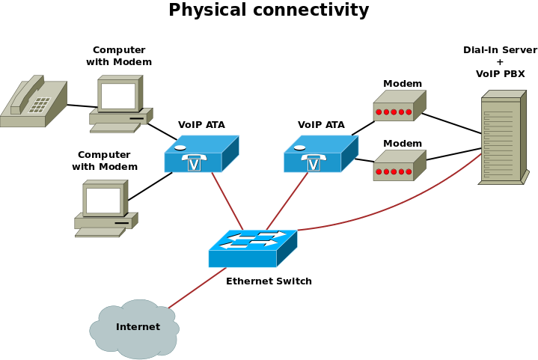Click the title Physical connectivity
[269, 10]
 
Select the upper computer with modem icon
[120, 103]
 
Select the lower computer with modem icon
[105, 208]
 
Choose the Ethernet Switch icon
[252, 248]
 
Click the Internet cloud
[135, 329]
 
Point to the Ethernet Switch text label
[269, 281]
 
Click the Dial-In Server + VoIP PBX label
[500, 62]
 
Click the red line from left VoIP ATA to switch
[227, 201]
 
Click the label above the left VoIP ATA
[201, 125]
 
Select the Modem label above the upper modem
[403, 84]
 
